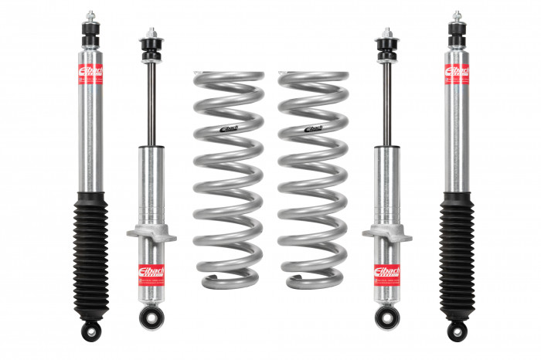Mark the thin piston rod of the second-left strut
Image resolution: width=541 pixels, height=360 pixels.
pos(149,100)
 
